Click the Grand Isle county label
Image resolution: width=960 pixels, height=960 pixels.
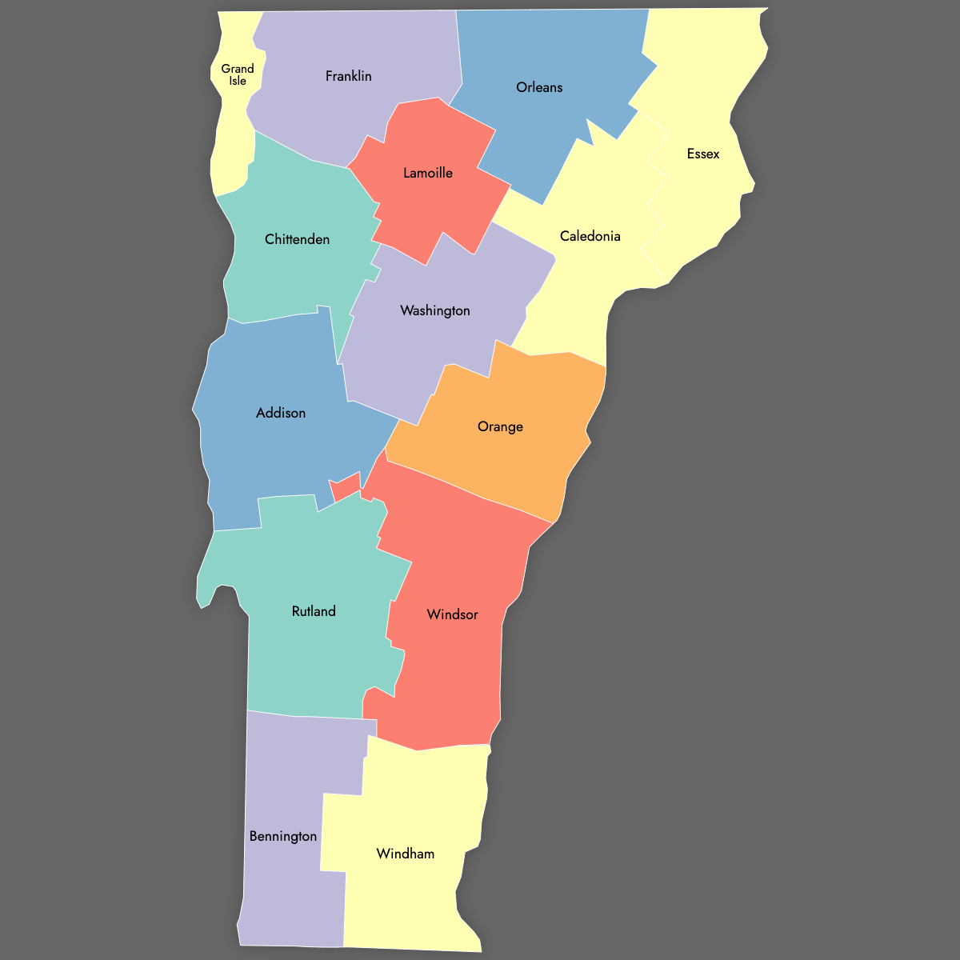click(238, 74)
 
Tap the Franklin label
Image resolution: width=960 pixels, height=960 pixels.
click(349, 76)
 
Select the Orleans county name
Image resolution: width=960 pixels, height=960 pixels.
click(539, 87)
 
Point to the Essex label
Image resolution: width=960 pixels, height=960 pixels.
click(703, 154)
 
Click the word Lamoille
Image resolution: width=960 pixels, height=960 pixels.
click(428, 173)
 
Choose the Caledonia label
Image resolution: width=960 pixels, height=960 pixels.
click(590, 236)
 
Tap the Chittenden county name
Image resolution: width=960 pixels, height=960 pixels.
click(297, 239)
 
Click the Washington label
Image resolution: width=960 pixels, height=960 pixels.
click(435, 310)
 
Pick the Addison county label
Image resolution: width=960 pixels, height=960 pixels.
click(281, 413)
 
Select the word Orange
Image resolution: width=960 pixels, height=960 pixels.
click(500, 426)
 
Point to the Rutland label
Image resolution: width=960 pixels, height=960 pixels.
click(314, 611)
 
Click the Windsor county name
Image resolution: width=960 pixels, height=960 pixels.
click(453, 614)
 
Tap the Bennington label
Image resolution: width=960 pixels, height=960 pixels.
click(283, 836)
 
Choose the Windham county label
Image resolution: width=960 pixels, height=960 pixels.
click(406, 854)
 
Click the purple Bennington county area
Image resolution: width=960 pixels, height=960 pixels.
click(288, 896)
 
